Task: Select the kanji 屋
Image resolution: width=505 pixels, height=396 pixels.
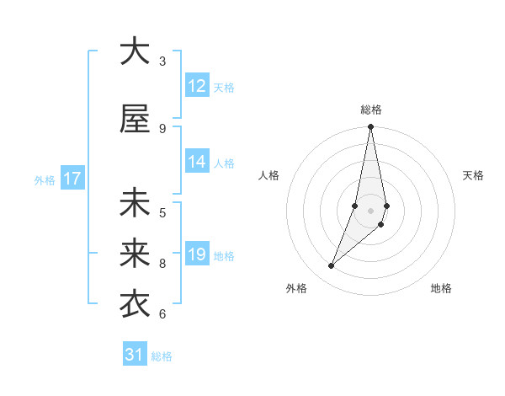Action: pos(135,119)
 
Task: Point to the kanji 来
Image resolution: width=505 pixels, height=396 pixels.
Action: pos(135,253)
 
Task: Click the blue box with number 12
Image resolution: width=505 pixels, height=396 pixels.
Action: pos(197,86)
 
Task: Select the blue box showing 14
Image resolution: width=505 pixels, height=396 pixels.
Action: pos(197,163)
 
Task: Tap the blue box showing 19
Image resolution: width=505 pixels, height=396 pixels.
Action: pos(197,254)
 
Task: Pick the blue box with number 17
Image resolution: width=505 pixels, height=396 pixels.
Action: pos(72,179)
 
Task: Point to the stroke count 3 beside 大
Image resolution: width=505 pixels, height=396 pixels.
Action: pos(162,61)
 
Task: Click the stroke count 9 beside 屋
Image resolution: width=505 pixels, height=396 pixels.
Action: pos(162,128)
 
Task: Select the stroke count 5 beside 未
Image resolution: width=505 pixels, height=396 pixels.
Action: pos(162,212)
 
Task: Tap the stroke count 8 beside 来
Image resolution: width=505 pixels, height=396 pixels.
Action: pos(162,264)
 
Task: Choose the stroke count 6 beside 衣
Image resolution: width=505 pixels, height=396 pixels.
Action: pos(162,314)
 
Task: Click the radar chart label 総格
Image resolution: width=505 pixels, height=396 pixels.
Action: pos(371,110)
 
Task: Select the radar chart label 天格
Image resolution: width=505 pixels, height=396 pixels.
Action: pos(474,175)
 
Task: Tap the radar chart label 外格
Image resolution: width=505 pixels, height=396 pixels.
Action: pos(296,288)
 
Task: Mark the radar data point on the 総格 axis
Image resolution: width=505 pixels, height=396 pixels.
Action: pos(370,127)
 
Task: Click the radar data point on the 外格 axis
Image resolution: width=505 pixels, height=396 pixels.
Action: pos(331,266)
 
